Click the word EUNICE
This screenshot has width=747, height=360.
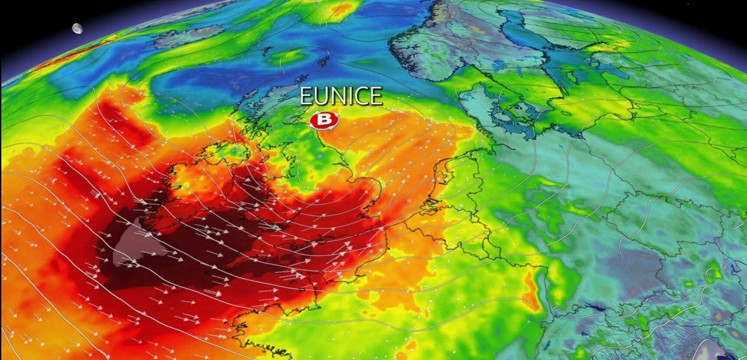point(341,97)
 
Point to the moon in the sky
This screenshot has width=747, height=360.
point(77,29)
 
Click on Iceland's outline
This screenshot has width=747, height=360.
point(187,37)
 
